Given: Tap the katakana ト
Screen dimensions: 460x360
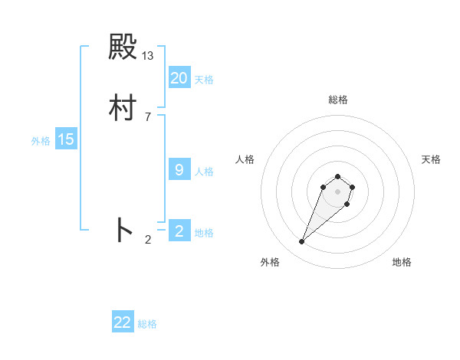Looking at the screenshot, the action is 123,231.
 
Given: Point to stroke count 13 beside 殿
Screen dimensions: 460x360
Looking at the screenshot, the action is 148,55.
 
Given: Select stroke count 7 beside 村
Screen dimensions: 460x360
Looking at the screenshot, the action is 148,116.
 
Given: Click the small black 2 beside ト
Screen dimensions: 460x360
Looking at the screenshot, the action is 148,240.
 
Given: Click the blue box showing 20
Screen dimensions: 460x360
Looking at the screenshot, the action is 179,78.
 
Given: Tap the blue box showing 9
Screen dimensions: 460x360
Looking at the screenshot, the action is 179,170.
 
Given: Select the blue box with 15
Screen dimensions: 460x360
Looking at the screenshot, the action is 66,139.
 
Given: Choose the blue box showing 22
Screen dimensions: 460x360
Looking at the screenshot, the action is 123,322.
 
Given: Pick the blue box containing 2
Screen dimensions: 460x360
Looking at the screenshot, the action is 179,231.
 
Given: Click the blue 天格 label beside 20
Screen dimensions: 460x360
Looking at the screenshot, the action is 204,80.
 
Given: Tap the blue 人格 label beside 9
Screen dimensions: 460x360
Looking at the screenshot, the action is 204,172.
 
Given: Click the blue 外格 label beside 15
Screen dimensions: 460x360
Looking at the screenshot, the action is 41,141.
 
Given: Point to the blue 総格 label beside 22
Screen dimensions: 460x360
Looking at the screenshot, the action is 147,324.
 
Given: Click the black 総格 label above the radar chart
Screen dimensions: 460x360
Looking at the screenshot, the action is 338,100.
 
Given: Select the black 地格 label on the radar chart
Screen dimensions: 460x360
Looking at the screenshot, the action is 402,262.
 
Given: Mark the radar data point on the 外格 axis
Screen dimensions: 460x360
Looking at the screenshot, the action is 301,242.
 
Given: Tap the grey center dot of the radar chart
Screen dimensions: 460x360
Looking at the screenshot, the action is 338,191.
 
